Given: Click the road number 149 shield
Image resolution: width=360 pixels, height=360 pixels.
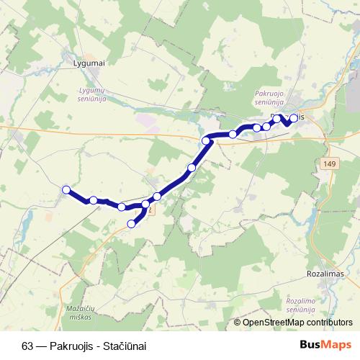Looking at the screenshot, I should click(329, 164).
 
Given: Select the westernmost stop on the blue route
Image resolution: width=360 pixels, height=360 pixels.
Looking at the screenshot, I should click(66, 189).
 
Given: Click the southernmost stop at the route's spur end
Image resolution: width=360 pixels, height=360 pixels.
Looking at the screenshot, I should click(131, 224).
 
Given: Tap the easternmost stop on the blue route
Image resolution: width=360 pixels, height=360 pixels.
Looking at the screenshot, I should click(294, 119).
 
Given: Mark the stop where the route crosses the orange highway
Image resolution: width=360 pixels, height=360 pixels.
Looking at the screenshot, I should click(207, 140).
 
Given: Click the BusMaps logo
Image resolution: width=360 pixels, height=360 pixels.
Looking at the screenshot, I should click(326, 345).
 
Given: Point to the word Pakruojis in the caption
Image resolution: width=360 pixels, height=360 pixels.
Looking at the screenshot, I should click(73, 345).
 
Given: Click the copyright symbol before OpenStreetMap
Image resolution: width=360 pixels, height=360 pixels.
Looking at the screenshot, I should click(238, 323).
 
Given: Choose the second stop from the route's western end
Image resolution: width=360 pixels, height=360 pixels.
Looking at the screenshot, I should click(94, 200).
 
